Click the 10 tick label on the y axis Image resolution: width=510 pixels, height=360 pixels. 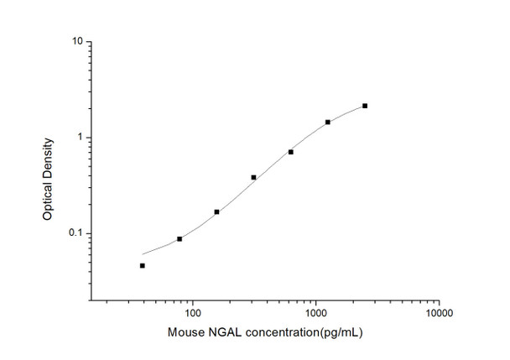pos(75,41)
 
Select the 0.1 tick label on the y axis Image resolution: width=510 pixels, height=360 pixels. pos(73,233)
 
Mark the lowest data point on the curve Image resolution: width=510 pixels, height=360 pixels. pos(143,265)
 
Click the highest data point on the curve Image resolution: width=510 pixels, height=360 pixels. pos(365,106)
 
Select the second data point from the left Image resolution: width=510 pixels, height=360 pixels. pos(180,239)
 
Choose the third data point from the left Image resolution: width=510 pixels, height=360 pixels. pos(216,212)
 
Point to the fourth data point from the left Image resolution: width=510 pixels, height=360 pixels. pos(253,177)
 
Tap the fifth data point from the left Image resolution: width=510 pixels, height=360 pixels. pos(290,152)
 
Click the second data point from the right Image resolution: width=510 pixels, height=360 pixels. pos(328,122)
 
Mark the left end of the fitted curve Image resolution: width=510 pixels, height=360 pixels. pos(143,253)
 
